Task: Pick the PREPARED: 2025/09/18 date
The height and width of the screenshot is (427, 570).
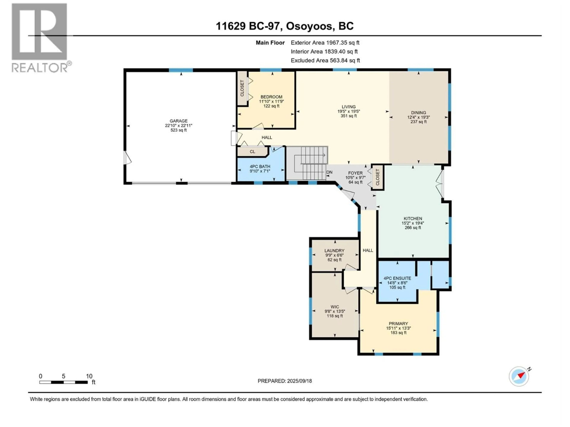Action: click(285, 381)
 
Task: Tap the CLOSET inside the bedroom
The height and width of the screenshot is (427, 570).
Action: click(242, 88)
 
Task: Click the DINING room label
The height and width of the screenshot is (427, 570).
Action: click(418, 113)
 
